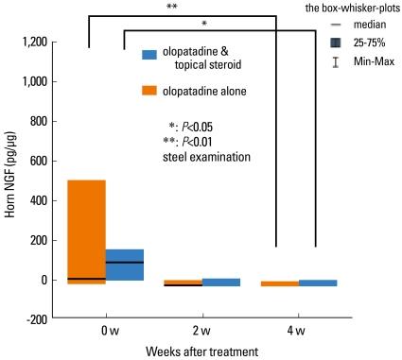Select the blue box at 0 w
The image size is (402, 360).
(x=125, y=265)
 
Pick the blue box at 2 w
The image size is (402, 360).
(x=221, y=282)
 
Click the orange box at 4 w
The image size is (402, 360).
(x=279, y=283)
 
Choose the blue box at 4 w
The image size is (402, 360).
(x=318, y=283)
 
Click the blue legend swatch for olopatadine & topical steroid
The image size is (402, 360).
(x=149, y=54)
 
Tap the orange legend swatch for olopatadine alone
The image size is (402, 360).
(x=149, y=92)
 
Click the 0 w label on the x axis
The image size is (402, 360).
(x=109, y=331)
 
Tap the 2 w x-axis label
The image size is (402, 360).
(x=202, y=331)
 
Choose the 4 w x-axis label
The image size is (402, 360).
(x=297, y=331)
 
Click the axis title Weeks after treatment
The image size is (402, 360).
(x=202, y=351)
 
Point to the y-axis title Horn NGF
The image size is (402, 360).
(x=11, y=180)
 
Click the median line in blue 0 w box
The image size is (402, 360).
(x=125, y=262)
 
